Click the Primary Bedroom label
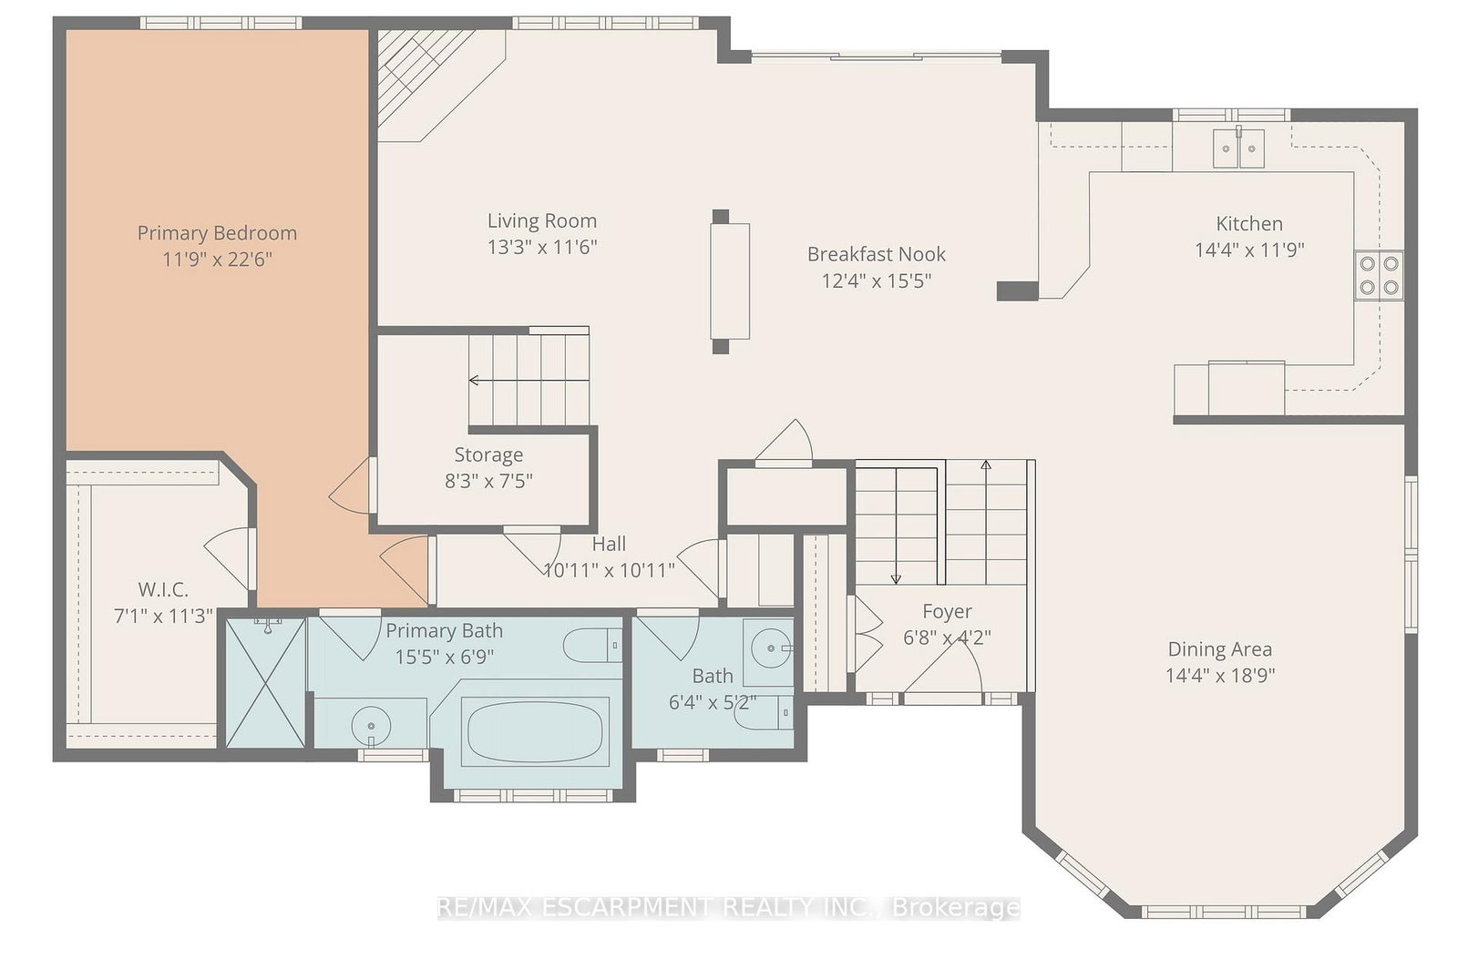(x=217, y=233)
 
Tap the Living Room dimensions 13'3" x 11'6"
(x=542, y=247)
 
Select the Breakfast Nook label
(x=876, y=254)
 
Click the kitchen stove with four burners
(x=1380, y=275)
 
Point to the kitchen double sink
(x=1238, y=148)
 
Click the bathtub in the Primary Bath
(x=534, y=731)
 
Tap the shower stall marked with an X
(x=265, y=682)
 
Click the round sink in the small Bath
(x=771, y=648)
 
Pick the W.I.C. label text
(x=163, y=590)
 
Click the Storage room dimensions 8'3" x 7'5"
(x=488, y=482)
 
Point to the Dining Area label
(x=1220, y=648)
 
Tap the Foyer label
(x=947, y=612)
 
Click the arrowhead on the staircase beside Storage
(x=474, y=380)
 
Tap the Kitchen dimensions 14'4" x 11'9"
(x=1249, y=250)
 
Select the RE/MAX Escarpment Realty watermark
(x=728, y=907)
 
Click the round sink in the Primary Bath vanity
(x=371, y=724)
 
